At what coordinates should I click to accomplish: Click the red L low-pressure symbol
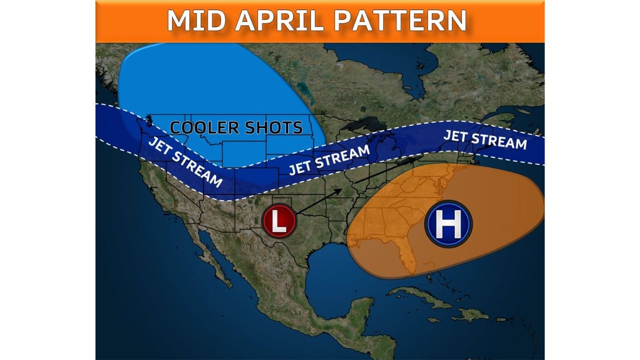pos(279,220)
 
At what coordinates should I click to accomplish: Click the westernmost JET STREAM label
pos(185,161)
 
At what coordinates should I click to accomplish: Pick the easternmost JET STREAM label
pos(485,139)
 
